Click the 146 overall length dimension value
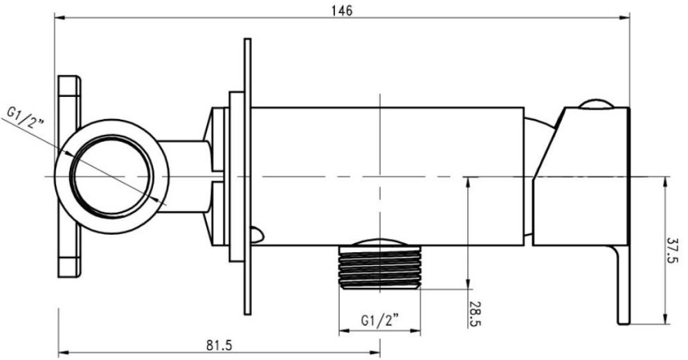pos(342,10)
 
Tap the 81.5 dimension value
pos(219,345)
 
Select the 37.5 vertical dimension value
pos(674,250)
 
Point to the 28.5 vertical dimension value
pos(476,314)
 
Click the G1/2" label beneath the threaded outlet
pos(380,320)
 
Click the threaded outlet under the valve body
pos(380,268)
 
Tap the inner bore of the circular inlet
pos(112,176)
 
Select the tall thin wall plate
pos(248,177)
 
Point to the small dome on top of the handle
pos(596,104)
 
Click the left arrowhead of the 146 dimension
pos(60,18)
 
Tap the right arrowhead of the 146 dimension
pos(624,18)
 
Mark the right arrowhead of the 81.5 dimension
pos(374,352)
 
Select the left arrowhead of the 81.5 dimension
pos(64,352)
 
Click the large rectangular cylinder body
pos(388,176)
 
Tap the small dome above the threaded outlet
pos(380,242)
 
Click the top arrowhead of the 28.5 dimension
pos(468,183)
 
